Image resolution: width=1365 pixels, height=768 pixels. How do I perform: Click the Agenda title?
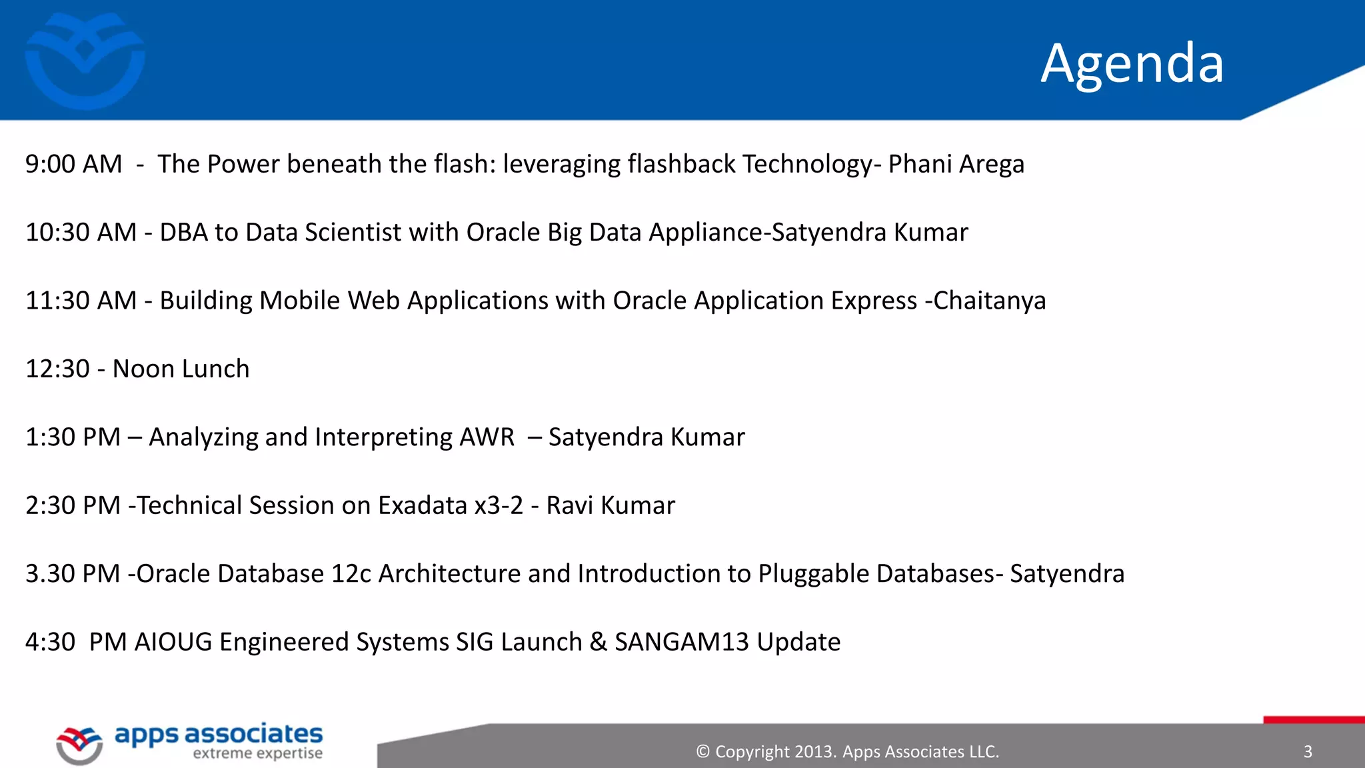click(x=1132, y=63)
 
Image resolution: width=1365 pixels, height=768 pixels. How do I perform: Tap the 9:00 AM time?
click(x=73, y=164)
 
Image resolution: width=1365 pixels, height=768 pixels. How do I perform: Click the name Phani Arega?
click(x=956, y=164)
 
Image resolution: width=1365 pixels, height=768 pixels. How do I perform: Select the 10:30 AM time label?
click(x=81, y=233)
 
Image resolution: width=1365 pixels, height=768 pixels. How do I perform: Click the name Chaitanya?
click(x=989, y=301)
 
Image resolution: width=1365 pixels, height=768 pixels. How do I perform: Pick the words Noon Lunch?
click(x=181, y=369)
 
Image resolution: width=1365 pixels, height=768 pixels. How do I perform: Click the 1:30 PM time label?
click(x=73, y=437)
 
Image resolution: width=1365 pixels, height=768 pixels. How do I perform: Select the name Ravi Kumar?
click(x=611, y=505)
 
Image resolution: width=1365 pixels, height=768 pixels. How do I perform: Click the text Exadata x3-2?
click(x=451, y=505)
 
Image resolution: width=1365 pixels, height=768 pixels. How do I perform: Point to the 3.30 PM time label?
click(x=73, y=574)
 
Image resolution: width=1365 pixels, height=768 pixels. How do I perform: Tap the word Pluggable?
click(x=813, y=574)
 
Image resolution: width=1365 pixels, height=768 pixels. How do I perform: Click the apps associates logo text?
click(x=219, y=734)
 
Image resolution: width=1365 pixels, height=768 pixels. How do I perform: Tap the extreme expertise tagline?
click(x=257, y=754)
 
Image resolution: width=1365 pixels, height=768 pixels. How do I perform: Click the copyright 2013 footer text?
click(x=847, y=752)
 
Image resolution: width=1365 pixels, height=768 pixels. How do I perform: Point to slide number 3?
click(x=1308, y=752)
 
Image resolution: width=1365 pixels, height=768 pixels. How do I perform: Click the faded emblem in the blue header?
click(x=85, y=60)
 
